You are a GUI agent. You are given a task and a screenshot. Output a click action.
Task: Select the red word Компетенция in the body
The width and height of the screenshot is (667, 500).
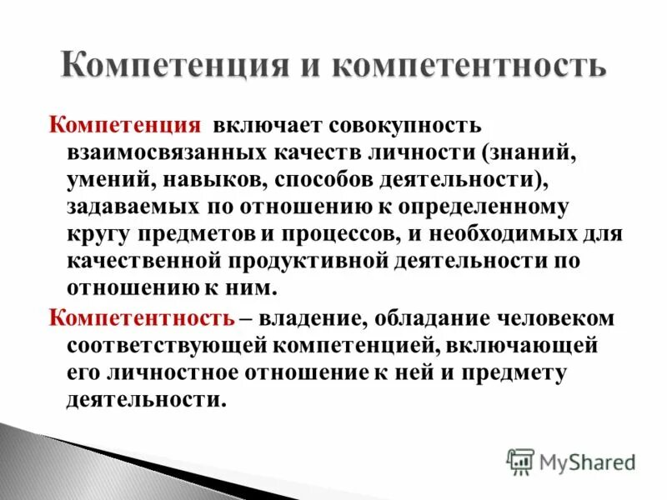click(125, 126)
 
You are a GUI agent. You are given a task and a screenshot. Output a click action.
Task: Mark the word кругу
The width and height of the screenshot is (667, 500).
click(99, 232)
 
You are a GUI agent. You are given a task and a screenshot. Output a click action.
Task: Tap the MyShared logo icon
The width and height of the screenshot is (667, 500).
click(520, 461)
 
